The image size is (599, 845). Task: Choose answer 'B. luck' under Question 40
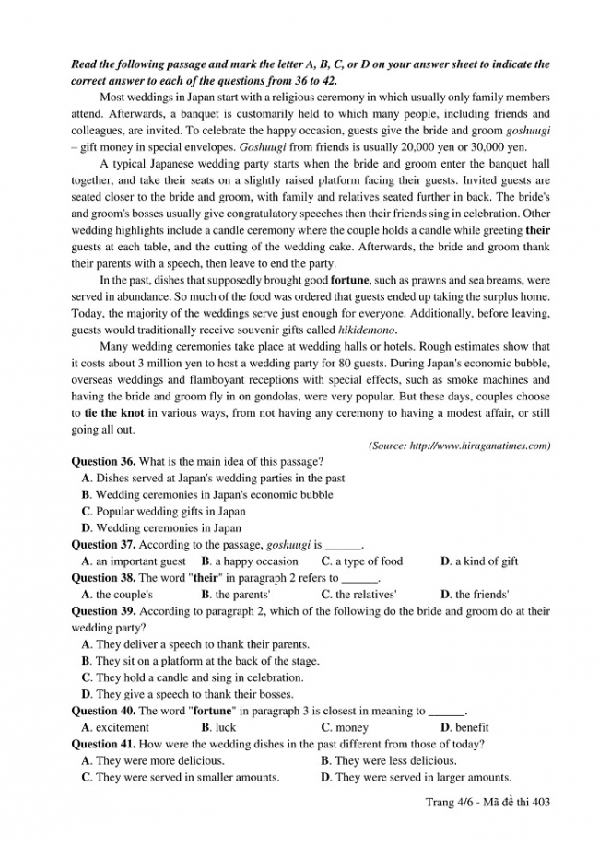pos(218,727)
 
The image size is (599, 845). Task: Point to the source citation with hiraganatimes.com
pos(459,446)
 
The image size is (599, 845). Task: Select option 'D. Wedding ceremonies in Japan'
pos(160,527)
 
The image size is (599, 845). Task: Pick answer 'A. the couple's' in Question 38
pos(117,595)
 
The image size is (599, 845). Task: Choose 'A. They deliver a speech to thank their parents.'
pos(195,644)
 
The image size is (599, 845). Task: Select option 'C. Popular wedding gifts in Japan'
pos(163,511)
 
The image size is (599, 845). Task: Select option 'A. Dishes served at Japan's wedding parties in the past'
pos(213,478)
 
